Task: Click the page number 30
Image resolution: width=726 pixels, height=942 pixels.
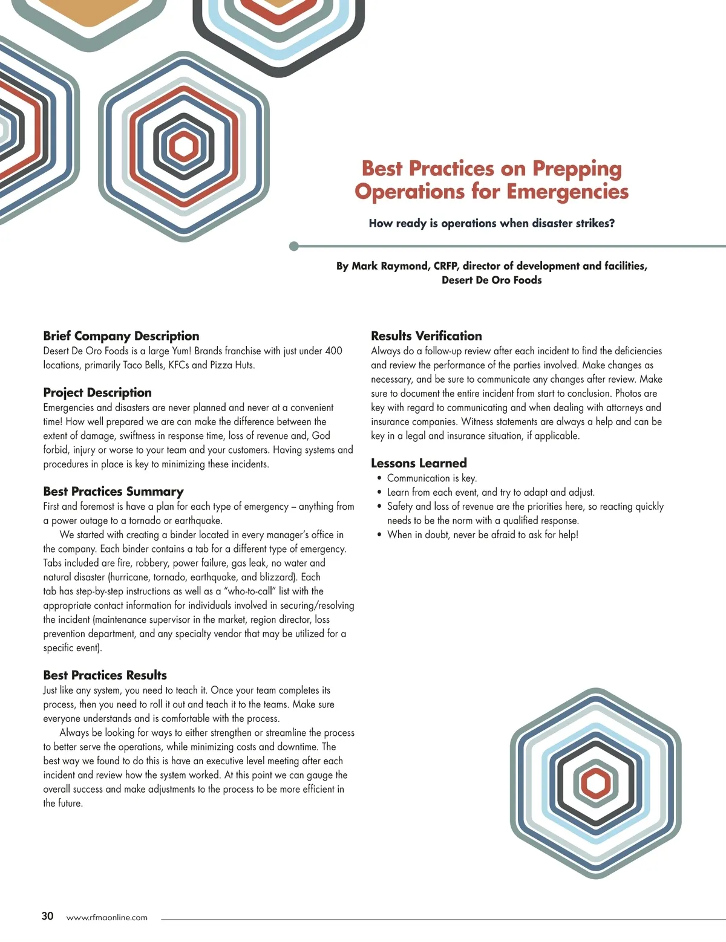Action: click(47, 916)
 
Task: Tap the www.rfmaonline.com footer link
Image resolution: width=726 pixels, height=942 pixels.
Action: click(106, 917)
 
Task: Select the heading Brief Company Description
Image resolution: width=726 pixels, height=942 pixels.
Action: click(121, 336)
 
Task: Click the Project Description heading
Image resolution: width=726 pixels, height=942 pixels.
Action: click(97, 392)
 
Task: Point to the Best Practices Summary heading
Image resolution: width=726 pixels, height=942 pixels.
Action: click(113, 492)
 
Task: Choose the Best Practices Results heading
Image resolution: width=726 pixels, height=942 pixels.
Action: click(105, 675)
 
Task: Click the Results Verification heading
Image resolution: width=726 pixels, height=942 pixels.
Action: click(426, 336)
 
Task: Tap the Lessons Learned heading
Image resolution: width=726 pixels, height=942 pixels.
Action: click(419, 463)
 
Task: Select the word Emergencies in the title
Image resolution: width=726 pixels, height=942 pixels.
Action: click(567, 192)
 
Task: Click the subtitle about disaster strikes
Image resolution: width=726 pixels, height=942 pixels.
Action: click(491, 223)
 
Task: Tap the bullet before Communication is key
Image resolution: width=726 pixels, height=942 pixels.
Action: click(379, 478)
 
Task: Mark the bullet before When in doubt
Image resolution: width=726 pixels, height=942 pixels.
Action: click(379, 535)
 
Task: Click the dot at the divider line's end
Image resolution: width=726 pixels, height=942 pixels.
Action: click(294, 246)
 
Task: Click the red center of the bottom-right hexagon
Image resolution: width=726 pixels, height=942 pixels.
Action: click(596, 784)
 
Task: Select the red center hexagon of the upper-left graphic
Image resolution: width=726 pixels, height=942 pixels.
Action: click(183, 146)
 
